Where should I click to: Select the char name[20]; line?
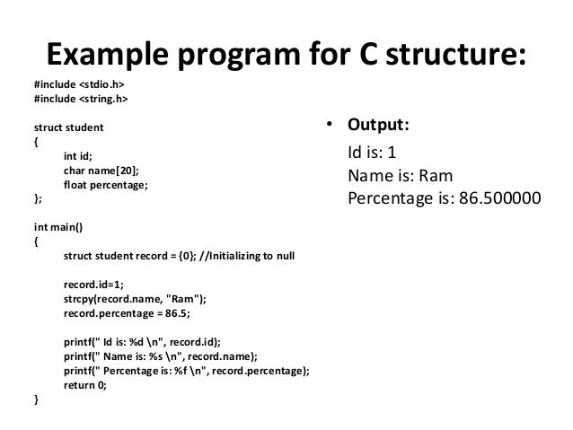coord(101,171)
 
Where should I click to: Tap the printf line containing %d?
coord(142,342)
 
